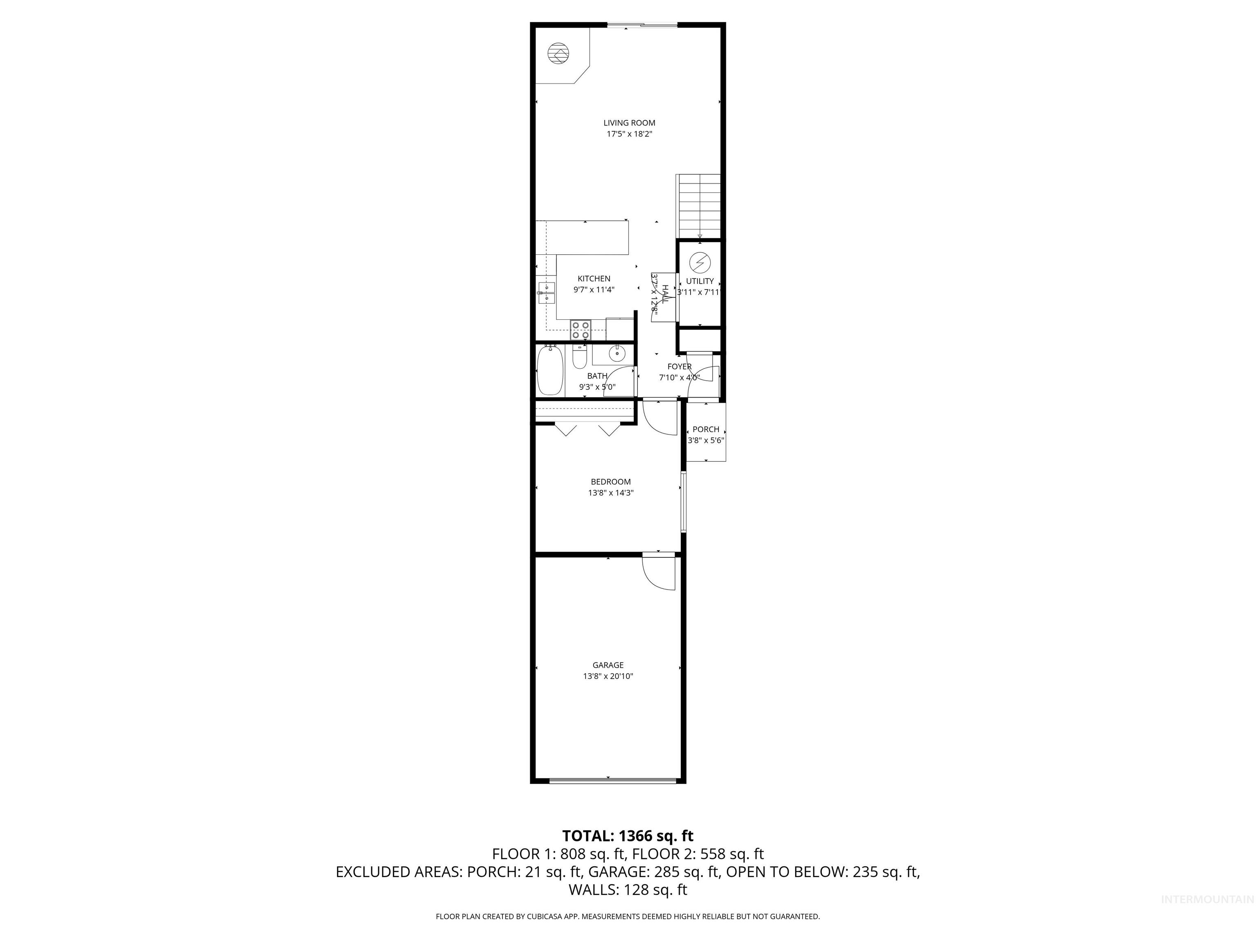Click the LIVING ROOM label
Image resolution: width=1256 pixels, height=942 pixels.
[x=629, y=123]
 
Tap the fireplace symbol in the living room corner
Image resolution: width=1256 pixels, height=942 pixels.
[x=558, y=54]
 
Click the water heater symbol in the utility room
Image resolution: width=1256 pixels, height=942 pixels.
[x=700, y=262]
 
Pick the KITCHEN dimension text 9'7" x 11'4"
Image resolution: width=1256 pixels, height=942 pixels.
[x=594, y=289]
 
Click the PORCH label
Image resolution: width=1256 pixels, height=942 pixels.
[x=706, y=429]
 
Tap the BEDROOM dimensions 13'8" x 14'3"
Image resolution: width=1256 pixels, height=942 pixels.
[x=610, y=493]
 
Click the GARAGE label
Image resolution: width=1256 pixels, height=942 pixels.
[x=608, y=665]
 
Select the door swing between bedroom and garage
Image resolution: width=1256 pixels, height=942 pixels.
[x=659, y=572]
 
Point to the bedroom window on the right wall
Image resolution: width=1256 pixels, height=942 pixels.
[x=684, y=502]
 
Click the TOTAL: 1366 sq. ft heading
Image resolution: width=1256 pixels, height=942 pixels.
[x=628, y=836]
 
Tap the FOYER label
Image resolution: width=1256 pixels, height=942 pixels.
[x=679, y=367]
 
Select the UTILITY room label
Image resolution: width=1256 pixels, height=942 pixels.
[x=700, y=281]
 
